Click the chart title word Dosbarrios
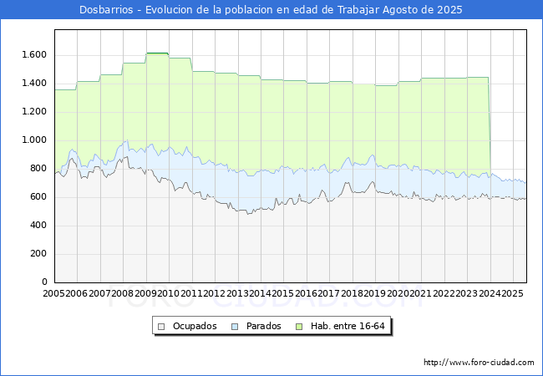click(x=109, y=10)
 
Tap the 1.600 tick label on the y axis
click(x=33, y=55)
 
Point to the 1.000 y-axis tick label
click(x=33, y=140)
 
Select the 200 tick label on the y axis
click(x=38, y=254)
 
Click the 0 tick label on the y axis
click(x=43, y=282)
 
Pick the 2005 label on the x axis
click(x=55, y=294)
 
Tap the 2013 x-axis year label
click(x=237, y=294)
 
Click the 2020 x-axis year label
click(x=397, y=294)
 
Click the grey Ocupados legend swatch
click(x=163, y=326)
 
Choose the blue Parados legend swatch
click(x=236, y=326)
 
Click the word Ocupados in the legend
click(x=195, y=326)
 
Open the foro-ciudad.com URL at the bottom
click(x=479, y=363)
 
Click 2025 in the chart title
click(x=448, y=10)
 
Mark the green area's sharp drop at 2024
click(x=489, y=125)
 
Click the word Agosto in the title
click(x=393, y=10)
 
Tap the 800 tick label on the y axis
click(x=38, y=169)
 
